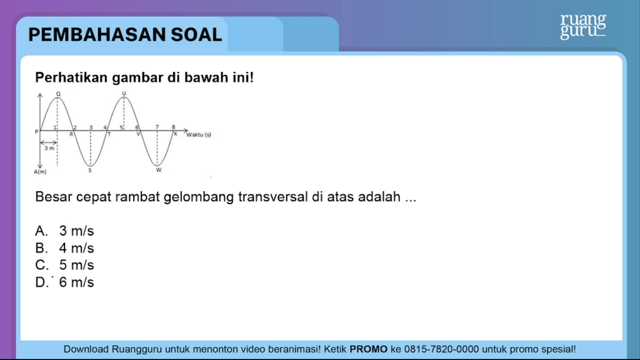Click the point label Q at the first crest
point(58,94)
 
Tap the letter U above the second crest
point(124,94)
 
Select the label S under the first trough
point(90,171)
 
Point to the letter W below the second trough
point(159,170)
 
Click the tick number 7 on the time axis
point(157,127)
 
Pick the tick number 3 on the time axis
point(91,127)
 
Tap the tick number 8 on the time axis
point(174,127)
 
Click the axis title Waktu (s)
point(199,135)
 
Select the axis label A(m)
point(40,172)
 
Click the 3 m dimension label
point(49,149)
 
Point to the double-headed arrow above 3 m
point(49,142)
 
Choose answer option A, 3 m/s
point(64,231)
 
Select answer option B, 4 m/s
point(64,248)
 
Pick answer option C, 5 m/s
point(64,265)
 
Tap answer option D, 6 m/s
point(64,282)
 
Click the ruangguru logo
point(583,26)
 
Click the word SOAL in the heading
point(196,35)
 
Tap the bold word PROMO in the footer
point(369,349)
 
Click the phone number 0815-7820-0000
point(442,349)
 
